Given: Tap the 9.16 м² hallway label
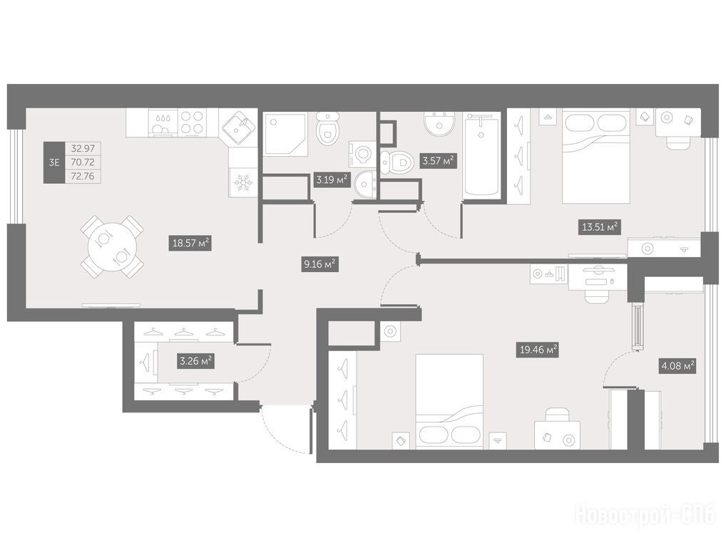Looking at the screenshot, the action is pos(319,264).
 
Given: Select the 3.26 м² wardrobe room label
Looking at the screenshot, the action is pos(196,361).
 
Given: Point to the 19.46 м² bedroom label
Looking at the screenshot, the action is pos(538,350).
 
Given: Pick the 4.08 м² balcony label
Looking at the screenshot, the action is pos(678,367).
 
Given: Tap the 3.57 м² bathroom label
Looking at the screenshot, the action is pos(437,162).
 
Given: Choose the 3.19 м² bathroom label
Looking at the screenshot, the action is pos(332,179).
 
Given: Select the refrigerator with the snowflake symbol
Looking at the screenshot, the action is pos(242,182).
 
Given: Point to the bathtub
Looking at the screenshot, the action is pos(483,155).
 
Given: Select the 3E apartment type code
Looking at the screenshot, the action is pos(54,162).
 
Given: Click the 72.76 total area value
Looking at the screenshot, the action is pos(83,176).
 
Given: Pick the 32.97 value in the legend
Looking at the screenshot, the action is pos(83,149).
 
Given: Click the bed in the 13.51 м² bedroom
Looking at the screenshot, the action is pos(596,156).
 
